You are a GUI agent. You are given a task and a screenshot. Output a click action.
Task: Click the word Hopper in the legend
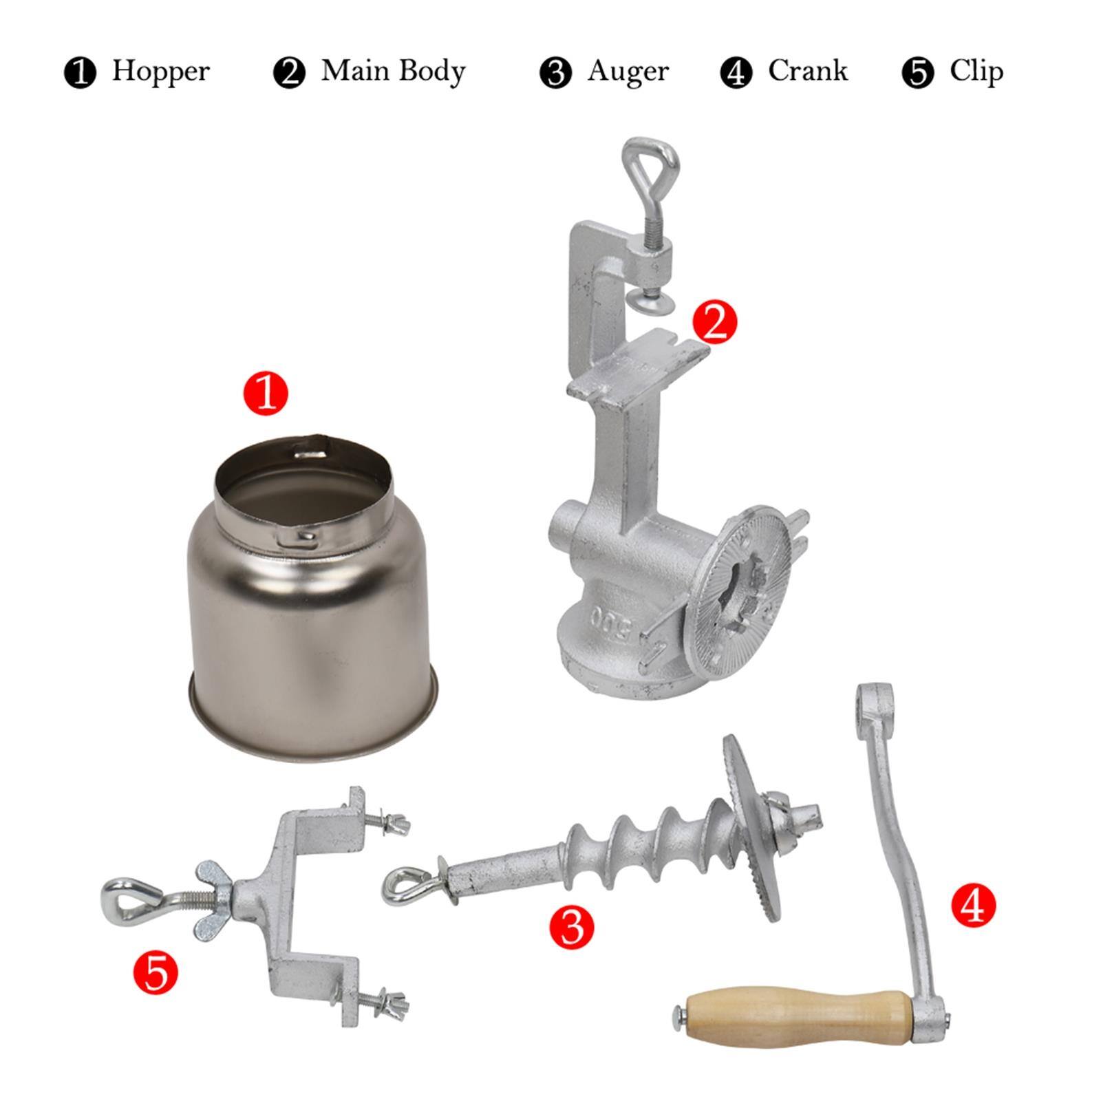pyautogui.click(x=160, y=72)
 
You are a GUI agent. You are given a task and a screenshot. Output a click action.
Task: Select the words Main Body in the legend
pyautogui.click(x=393, y=72)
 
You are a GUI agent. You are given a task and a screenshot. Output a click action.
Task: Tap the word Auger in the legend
pyautogui.click(x=628, y=72)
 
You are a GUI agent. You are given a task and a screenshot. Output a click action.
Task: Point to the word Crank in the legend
pyautogui.click(x=807, y=72)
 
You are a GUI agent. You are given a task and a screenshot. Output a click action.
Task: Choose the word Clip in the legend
pyautogui.click(x=976, y=72)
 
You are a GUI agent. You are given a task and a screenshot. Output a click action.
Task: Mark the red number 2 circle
pyautogui.click(x=714, y=321)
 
